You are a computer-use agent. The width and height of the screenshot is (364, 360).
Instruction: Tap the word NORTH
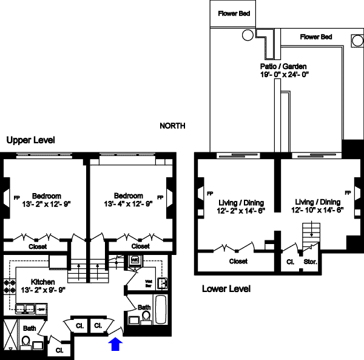tap(172, 126)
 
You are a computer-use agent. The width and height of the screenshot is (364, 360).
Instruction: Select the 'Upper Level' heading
tap(30, 140)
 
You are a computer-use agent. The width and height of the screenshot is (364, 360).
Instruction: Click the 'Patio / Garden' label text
tap(280, 66)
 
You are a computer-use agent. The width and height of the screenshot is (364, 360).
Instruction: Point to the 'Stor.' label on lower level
tap(309, 263)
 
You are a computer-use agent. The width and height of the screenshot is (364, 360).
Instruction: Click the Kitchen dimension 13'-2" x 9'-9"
tap(44, 290)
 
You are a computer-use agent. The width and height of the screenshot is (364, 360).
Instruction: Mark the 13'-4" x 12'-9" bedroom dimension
tap(129, 204)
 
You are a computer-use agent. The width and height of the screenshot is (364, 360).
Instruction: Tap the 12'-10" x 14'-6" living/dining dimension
tap(319, 210)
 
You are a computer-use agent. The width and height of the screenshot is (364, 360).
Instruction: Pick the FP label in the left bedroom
tap(8, 196)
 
